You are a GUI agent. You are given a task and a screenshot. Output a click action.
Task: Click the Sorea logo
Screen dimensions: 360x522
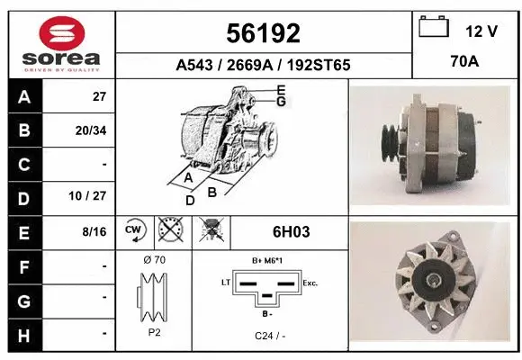tap(61, 41)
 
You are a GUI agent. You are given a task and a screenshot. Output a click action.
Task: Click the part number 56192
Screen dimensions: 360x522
tap(262, 33)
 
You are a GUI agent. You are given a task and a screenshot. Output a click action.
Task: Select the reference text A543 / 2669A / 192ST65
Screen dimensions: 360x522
tap(262, 66)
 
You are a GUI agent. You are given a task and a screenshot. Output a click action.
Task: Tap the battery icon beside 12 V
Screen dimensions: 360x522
tap(434, 28)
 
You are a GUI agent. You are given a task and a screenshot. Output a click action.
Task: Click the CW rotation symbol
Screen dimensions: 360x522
tap(134, 230)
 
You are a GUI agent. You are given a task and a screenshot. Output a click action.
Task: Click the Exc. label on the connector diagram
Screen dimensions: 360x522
tap(310, 283)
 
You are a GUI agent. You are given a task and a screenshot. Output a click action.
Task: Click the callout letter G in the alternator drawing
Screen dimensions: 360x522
tap(281, 102)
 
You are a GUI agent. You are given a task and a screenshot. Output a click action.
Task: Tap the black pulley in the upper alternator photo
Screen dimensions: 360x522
tap(391, 140)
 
